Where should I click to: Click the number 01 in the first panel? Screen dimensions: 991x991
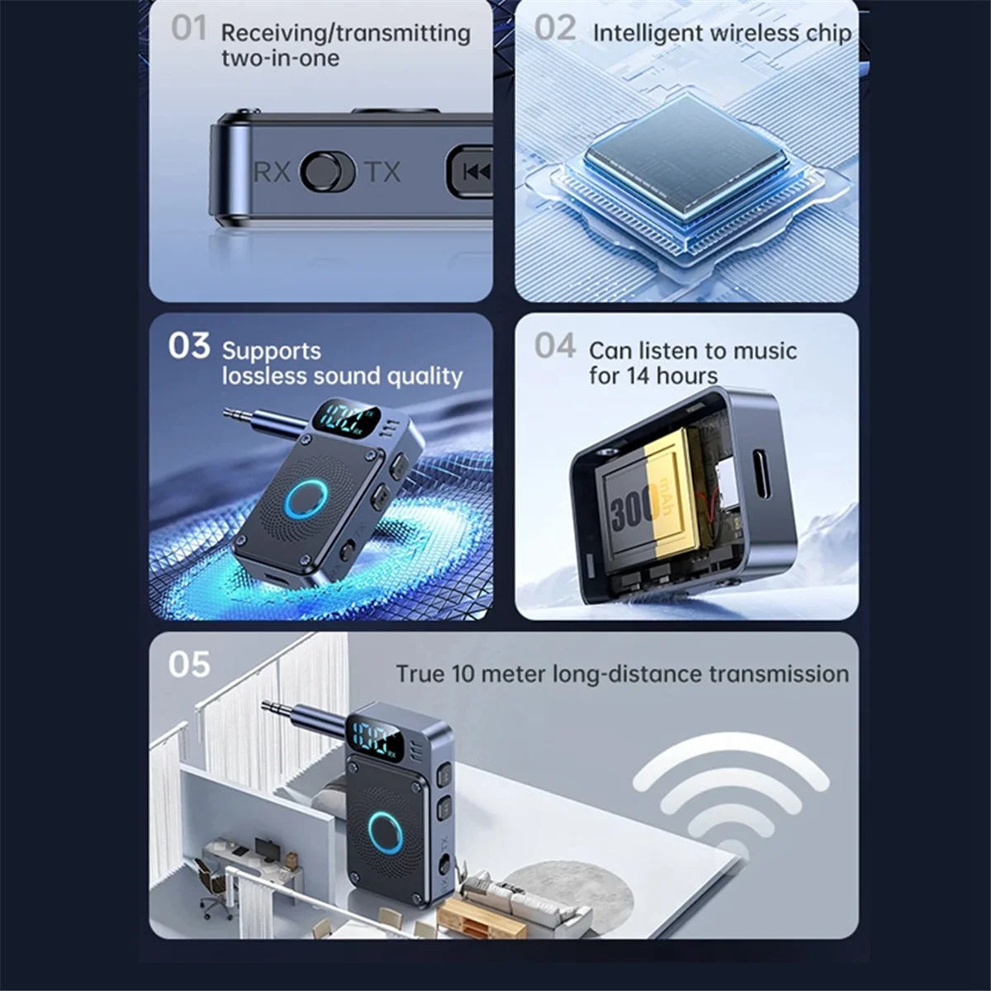point(188,28)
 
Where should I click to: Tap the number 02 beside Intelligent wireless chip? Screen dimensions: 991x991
point(554,28)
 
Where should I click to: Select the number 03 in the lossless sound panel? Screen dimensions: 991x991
point(189,346)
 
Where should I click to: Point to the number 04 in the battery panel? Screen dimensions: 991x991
point(554,346)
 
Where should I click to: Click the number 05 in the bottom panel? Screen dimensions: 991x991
point(189,665)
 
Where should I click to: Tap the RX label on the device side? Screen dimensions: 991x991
point(272,172)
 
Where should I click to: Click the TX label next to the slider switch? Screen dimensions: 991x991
point(382,172)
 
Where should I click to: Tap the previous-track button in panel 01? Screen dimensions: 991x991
point(474,172)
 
